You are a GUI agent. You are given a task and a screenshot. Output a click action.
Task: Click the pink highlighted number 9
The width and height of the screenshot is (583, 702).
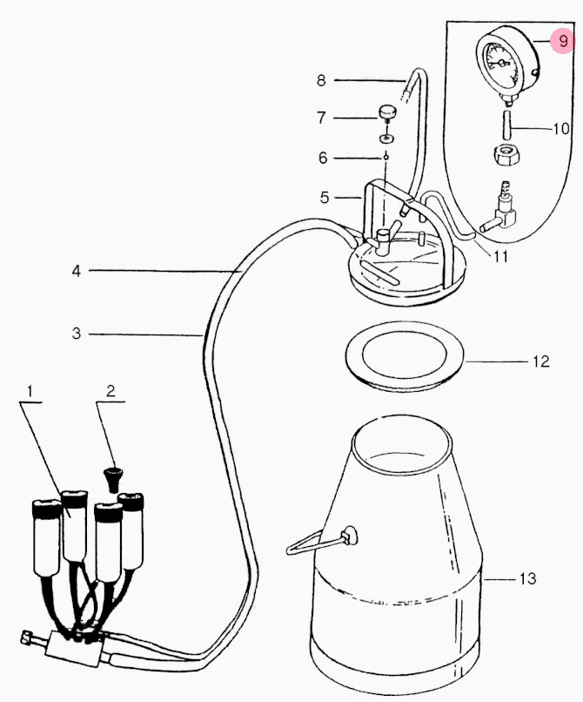coord(563,41)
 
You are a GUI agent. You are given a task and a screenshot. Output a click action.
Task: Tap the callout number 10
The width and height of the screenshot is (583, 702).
coord(561,129)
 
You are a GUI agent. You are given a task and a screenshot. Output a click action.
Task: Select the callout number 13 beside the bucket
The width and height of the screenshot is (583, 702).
coord(527,578)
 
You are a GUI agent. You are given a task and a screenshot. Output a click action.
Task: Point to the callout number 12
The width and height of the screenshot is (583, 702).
coord(540,361)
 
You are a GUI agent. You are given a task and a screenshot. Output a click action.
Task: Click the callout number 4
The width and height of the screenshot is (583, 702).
coord(77,271)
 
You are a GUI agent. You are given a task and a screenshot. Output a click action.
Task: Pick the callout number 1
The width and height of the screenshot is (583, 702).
coord(30,391)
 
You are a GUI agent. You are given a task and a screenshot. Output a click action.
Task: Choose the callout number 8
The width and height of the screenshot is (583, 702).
coord(321,81)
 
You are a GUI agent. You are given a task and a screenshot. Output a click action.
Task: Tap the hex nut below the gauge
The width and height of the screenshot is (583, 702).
coord(506,156)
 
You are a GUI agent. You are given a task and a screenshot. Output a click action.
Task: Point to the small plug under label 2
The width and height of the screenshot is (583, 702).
coord(112,479)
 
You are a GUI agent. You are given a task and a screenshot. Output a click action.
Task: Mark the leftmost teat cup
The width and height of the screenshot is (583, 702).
coord(46,537)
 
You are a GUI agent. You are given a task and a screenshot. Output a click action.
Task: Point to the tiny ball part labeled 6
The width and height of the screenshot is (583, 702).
coord(385,158)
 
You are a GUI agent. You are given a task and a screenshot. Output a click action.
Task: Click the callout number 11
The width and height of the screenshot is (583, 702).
coord(500,257)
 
